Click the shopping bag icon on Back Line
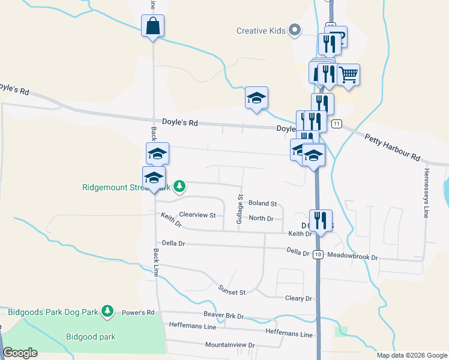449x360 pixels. click(152, 26)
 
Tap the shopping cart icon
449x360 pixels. click(348, 76)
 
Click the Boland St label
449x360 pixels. click(262, 204)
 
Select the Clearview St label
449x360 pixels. click(197, 214)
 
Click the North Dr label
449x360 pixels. click(261, 218)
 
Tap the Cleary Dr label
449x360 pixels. click(299, 298)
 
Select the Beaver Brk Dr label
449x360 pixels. click(224, 316)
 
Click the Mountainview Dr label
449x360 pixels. click(230, 345)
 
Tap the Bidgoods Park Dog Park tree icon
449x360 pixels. click(107, 311)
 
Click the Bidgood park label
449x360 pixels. click(91, 337)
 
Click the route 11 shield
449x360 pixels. click(337, 124)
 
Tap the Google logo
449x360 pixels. click(20, 353)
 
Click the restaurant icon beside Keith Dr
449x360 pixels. click(321, 220)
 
